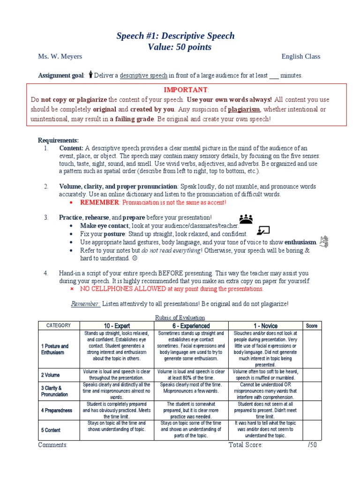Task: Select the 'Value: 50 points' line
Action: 180,47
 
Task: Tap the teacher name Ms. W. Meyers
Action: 60,57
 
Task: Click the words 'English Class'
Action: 300,57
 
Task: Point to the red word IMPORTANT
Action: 185,90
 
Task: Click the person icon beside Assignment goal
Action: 90,75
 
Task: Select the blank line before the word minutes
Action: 273,75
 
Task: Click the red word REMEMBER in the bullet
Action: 100,202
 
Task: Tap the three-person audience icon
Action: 246,219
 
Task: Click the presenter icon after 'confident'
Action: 263,230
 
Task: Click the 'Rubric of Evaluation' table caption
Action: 180,317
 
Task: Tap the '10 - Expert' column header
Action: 117,326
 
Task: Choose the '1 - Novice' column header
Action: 265,326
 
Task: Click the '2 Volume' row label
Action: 50,375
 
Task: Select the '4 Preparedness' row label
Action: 56,410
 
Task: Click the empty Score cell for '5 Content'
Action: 312,430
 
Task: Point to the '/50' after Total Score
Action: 312,445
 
